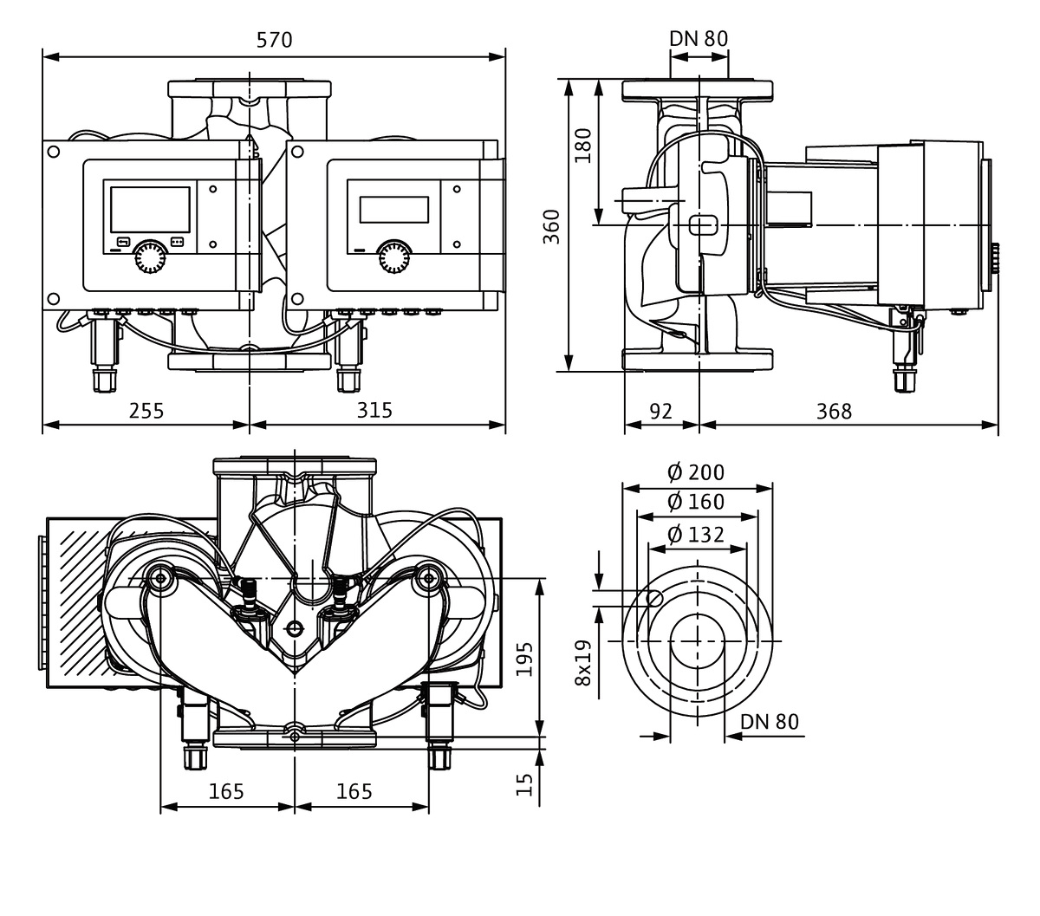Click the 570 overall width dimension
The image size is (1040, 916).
(x=275, y=40)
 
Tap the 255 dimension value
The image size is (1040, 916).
(x=146, y=410)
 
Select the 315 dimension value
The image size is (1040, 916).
(x=374, y=410)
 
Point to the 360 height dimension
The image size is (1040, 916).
(x=551, y=226)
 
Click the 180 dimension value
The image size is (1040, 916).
(x=582, y=146)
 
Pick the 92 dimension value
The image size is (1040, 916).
(x=660, y=410)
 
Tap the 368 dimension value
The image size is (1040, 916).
(x=834, y=410)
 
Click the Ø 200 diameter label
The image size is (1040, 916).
(x=696, y=472)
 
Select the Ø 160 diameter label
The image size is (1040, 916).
(x=696, y=502)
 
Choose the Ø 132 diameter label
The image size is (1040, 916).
(x=696, y=534)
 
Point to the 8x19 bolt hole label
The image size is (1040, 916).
(x=582, y=663)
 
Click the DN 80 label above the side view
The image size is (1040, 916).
(x=699, y=38)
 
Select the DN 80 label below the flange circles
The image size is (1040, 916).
(x=770, y=722)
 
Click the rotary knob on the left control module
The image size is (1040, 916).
(x=151, y=257)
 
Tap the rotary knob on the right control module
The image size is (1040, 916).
(x=394, y=257)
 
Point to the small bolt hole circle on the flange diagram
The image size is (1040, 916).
(x=656, y=597)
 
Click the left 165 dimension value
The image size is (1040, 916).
(x=226, y=790)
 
